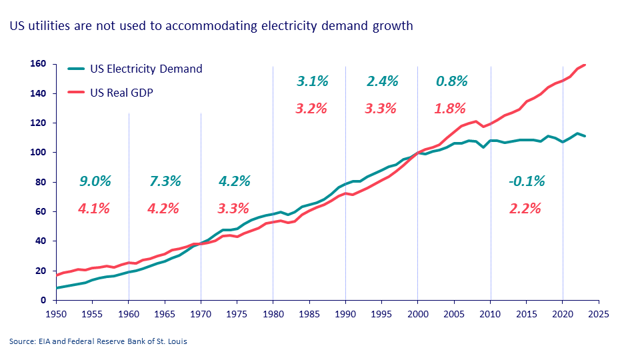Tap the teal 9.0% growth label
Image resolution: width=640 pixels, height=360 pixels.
tap(95, 181)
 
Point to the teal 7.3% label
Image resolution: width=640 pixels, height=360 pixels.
tap(163, 181)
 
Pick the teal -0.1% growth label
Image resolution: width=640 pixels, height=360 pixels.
tap(527, 181)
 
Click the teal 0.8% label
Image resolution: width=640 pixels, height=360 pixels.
tap(452, 82)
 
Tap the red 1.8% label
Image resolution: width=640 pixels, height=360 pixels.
tap(450, 108)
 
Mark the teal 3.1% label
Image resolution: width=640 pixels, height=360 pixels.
tap(313, 82)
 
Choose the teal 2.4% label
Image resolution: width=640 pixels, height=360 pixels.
tap(382, 82)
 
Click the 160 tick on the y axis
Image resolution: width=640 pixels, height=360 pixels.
tap(38, 65)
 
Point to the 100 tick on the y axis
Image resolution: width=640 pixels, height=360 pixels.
tap(38, 153)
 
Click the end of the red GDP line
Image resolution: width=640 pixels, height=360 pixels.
tap(585, 65)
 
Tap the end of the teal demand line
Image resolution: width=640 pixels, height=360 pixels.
tap(585, 136)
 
